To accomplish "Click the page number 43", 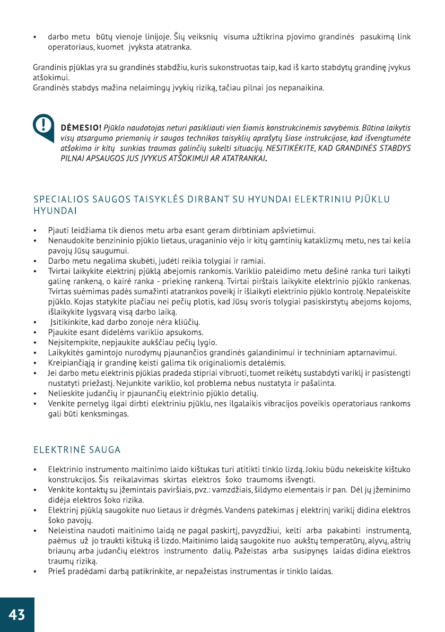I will coord(16,614).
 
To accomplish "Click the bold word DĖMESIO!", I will coord(82,128).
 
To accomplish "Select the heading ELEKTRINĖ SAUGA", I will coord(77,450).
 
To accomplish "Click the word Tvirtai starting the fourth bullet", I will coord(59,271).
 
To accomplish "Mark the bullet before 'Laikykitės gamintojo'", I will coord(34,353).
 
